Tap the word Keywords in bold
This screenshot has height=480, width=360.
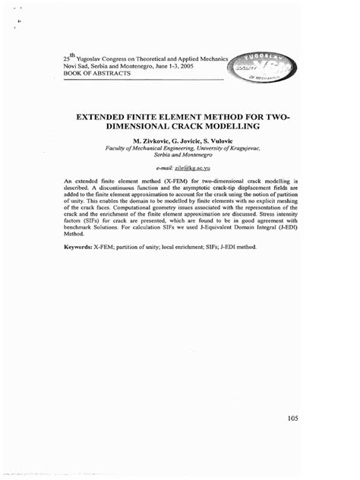[x=77, y=248]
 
